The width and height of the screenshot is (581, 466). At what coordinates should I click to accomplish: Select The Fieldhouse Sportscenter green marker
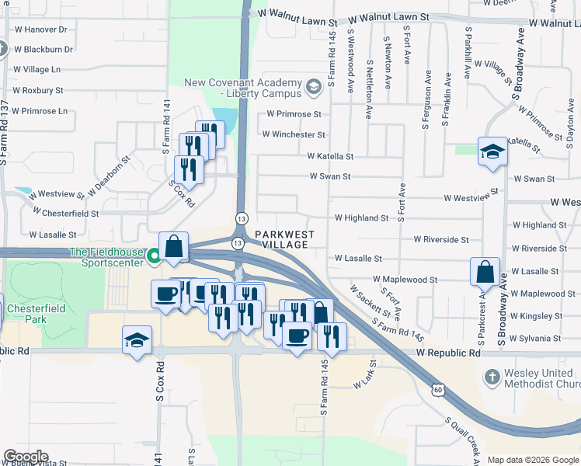click(155, 253)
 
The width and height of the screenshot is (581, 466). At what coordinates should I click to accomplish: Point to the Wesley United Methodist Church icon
click(490, 377)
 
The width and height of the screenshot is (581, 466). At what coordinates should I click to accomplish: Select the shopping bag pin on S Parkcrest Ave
click(485, 272)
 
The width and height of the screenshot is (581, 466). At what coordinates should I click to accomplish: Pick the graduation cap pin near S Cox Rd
click(136, 341)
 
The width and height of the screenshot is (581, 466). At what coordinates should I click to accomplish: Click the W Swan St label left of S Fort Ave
click(330, 176)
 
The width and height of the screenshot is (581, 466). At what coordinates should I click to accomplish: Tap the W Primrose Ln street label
click(40, 111)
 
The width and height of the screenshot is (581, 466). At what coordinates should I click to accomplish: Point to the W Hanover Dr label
click(40, 29)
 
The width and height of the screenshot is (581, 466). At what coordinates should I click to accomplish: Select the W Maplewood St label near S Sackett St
click(405, 279)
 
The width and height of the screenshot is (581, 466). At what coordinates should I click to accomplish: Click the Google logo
click(25, 457)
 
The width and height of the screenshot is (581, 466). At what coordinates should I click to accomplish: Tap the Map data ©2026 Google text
click(532, 460)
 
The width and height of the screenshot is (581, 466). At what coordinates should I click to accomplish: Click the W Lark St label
click(364, 381)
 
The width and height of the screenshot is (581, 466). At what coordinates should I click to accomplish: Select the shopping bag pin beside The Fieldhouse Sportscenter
click(174, 247)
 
